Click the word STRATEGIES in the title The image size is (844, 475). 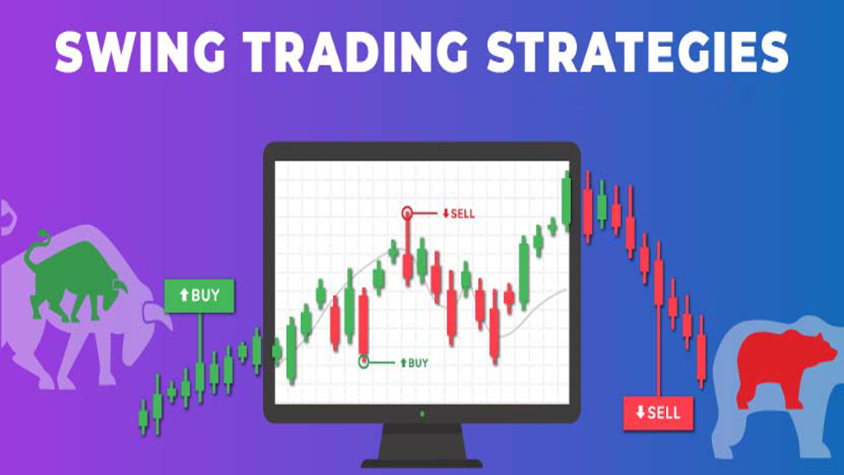tap(638, 51)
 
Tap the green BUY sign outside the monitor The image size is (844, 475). tap(199, 295)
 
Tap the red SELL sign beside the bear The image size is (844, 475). tap(659, 413)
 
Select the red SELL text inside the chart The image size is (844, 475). tap(458, 214)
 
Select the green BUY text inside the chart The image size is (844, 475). tap(414, 363)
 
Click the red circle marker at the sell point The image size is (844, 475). tap(407, 214)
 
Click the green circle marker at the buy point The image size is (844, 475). tap(363, 361)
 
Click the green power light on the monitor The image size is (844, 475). tap(422, 414)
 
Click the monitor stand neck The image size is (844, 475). tap(421, 442)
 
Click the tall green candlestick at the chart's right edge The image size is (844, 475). tap(566, 201)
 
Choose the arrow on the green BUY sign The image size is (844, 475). tap(184, 294)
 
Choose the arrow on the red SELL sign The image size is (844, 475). tap(640, 412)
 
